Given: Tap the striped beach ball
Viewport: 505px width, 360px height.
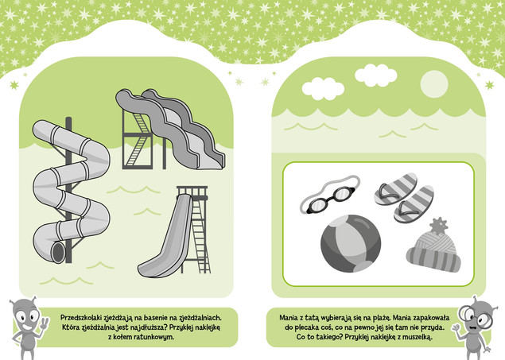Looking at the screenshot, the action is [x=351, y=243].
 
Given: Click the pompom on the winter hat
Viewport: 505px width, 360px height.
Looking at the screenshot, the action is [x=438, y=226].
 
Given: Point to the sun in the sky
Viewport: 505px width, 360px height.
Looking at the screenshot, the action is [x=434, y=84].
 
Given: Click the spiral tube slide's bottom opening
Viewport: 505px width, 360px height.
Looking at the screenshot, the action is [x=59, y=252].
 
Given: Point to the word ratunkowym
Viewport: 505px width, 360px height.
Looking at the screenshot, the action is [x=157, y=337].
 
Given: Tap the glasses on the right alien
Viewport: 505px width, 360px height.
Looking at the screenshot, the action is [x=475, y=318].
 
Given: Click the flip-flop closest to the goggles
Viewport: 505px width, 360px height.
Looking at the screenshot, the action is [x=396, y=189].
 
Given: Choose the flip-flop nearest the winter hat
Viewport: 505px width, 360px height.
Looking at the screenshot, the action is [x=414, y=204].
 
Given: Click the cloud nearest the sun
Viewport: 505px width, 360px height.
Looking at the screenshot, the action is [x=375, y=75].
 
